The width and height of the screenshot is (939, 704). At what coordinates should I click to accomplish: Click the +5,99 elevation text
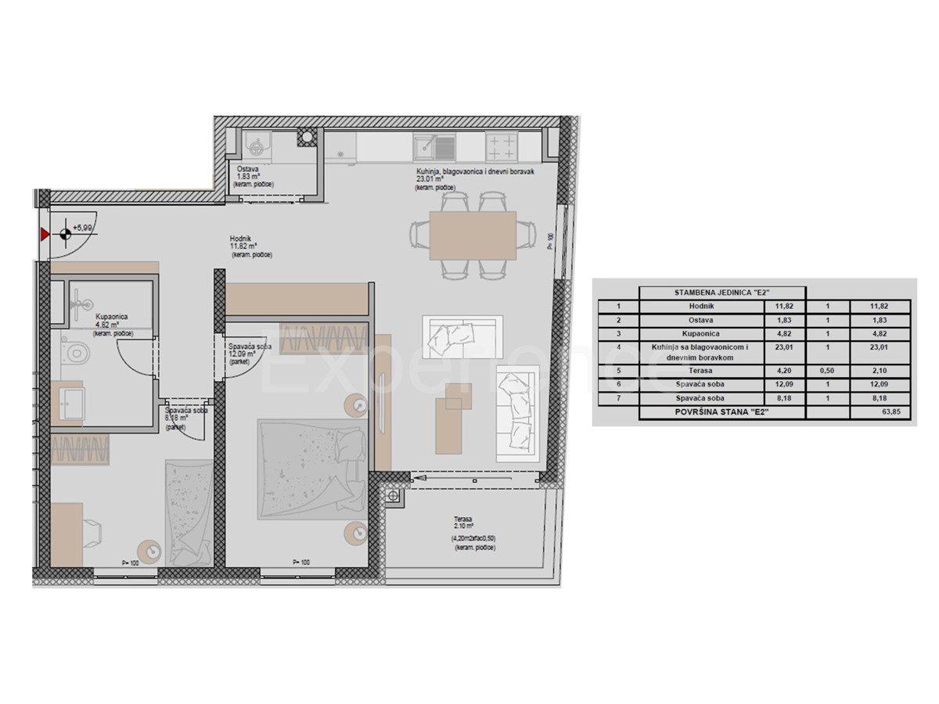pos(82,228)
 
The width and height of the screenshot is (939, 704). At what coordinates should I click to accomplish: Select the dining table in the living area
pos(473,235)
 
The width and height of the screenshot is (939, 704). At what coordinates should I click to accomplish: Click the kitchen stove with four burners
pos(502,145)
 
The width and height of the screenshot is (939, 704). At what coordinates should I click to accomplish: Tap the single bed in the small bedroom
pos(189,510)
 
